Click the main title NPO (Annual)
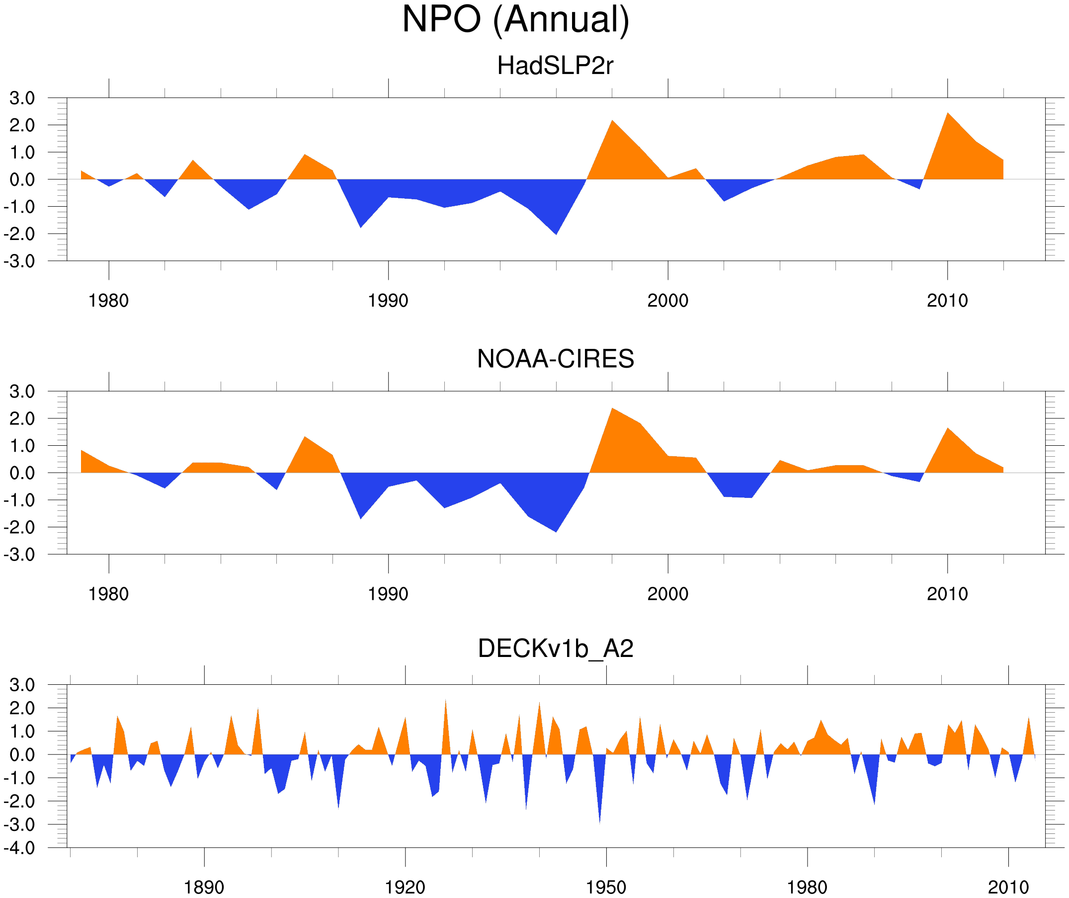click(x=515, y=20)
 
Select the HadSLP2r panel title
click(x=555, y=66)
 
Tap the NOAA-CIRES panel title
click(x=555, y=359)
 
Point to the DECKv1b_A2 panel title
click(x=555, y=649)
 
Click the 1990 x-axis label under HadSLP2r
click(x=388, y=301)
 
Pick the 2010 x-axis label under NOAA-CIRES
click(x=947, y=594)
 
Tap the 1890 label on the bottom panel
click(x=204, y=887)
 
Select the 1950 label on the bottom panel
click(x=606, y=887)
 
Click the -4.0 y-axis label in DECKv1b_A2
click(x=19, y=848)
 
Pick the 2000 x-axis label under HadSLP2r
click(x=667, y=301)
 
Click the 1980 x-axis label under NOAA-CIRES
click(x=108, y=594)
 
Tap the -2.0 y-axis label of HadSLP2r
click(x=19, y=234)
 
